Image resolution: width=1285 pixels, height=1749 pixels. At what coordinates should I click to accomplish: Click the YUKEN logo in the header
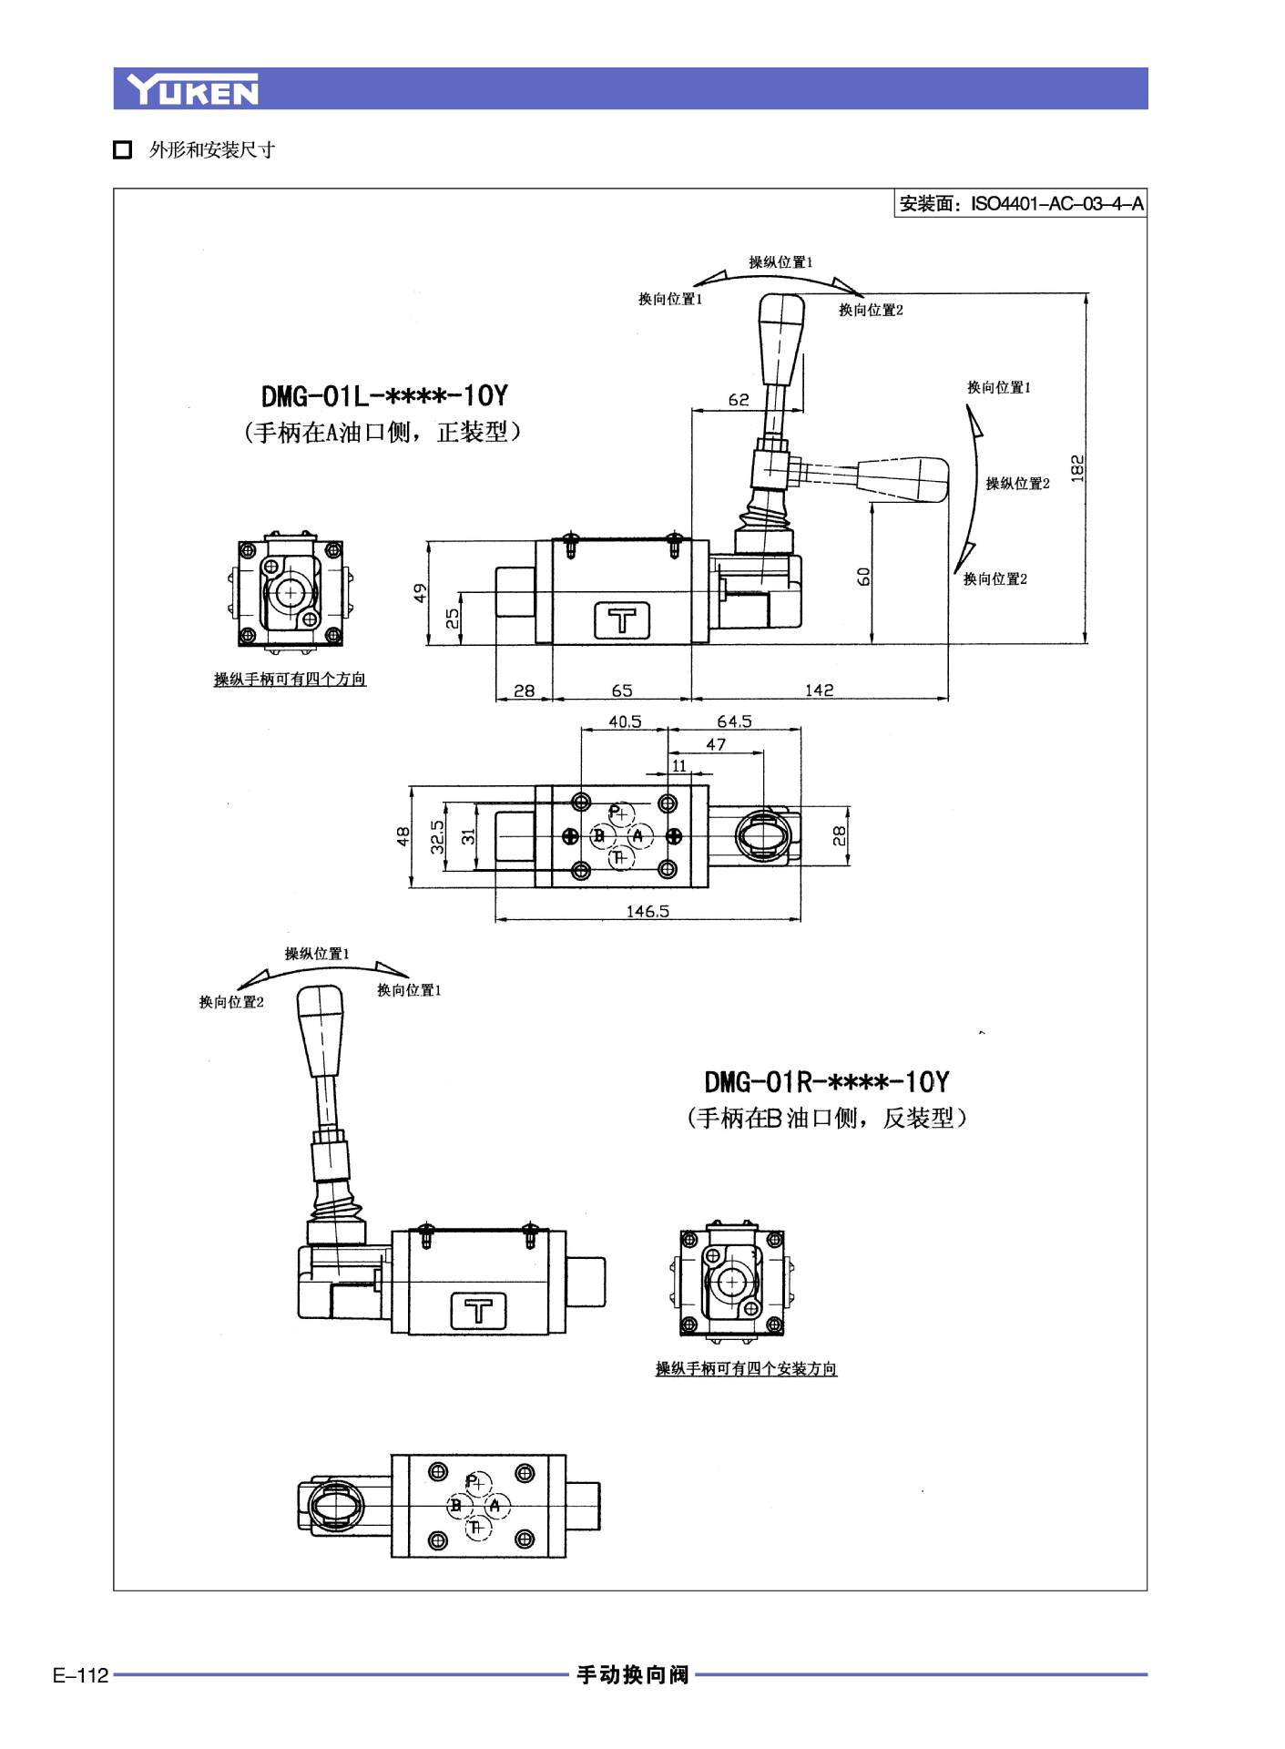[x=192, y=89]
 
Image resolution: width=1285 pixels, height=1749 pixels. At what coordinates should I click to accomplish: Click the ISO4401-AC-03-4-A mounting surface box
[x=1020, y=203]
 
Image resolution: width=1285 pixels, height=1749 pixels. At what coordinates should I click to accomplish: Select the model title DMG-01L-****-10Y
[x=384, y=396]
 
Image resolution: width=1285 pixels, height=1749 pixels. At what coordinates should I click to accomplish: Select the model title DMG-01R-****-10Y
[x=826, y=1082]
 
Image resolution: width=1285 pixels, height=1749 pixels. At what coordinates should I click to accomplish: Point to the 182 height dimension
[x=1077, y=468]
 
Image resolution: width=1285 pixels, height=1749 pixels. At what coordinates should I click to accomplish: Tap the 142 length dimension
[x=819, y=690]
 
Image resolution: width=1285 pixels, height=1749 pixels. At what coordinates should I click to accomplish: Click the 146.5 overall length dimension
[x=648, y=911]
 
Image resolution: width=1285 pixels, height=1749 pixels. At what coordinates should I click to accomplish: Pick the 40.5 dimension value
[x=625, y=721]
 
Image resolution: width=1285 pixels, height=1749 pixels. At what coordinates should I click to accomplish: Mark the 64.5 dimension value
[x=734, y=721]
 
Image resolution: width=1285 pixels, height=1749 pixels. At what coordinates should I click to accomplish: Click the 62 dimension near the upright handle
[x=739, y=400]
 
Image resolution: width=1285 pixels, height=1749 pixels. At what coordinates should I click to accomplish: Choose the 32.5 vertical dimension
[x=438, y=836]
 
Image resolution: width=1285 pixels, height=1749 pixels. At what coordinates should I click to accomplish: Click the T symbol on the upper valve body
[x=623, y=620]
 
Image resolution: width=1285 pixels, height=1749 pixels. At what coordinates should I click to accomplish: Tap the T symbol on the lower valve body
[x=479, y=1311]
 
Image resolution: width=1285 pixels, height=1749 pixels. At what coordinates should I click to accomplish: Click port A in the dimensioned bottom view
[x=638, y=835]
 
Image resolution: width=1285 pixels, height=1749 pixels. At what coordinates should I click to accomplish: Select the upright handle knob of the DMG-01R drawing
[x=321, y=1029]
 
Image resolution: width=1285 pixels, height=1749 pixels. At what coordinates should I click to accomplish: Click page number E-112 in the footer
[x=80, y=1675]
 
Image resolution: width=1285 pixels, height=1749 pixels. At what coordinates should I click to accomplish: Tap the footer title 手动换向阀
[x=632, y=1674]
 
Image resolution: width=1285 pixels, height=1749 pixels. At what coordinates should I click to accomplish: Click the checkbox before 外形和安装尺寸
[x=123, y=150]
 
